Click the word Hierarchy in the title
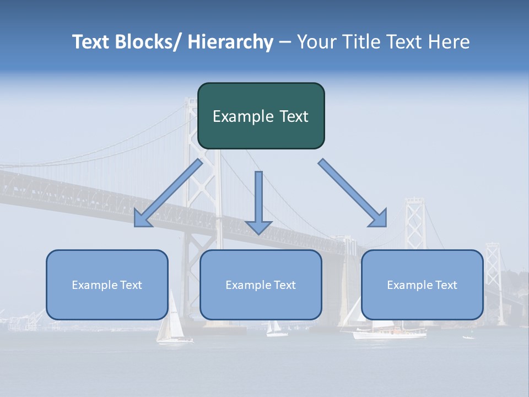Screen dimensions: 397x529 click(230, 42)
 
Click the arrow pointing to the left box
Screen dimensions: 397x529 click(168, 194)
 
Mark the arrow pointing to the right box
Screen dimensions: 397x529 click(354, 194)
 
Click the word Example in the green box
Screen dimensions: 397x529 click(235, 116)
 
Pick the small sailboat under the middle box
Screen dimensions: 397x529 click(276, 330)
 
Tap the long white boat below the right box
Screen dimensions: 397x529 click(389, 332)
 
